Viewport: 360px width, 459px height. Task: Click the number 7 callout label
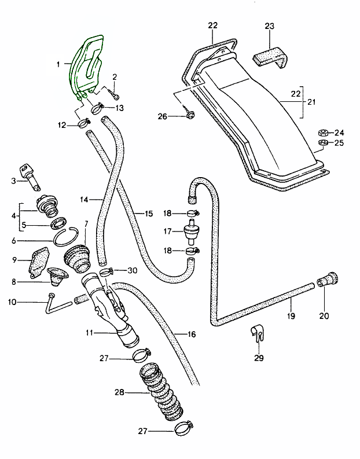click(x=86, y=224)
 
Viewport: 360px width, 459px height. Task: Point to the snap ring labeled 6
click(x=67, y=237)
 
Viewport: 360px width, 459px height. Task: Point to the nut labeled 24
click(x=324, y=132)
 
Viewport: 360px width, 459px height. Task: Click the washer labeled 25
click(x=324, y=142)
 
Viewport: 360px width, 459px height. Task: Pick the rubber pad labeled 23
click(x=271, y=58)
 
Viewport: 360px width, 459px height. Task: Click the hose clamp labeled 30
click(x=105, y=271)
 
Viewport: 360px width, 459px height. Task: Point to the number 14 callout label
click(x=84, y=200)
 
